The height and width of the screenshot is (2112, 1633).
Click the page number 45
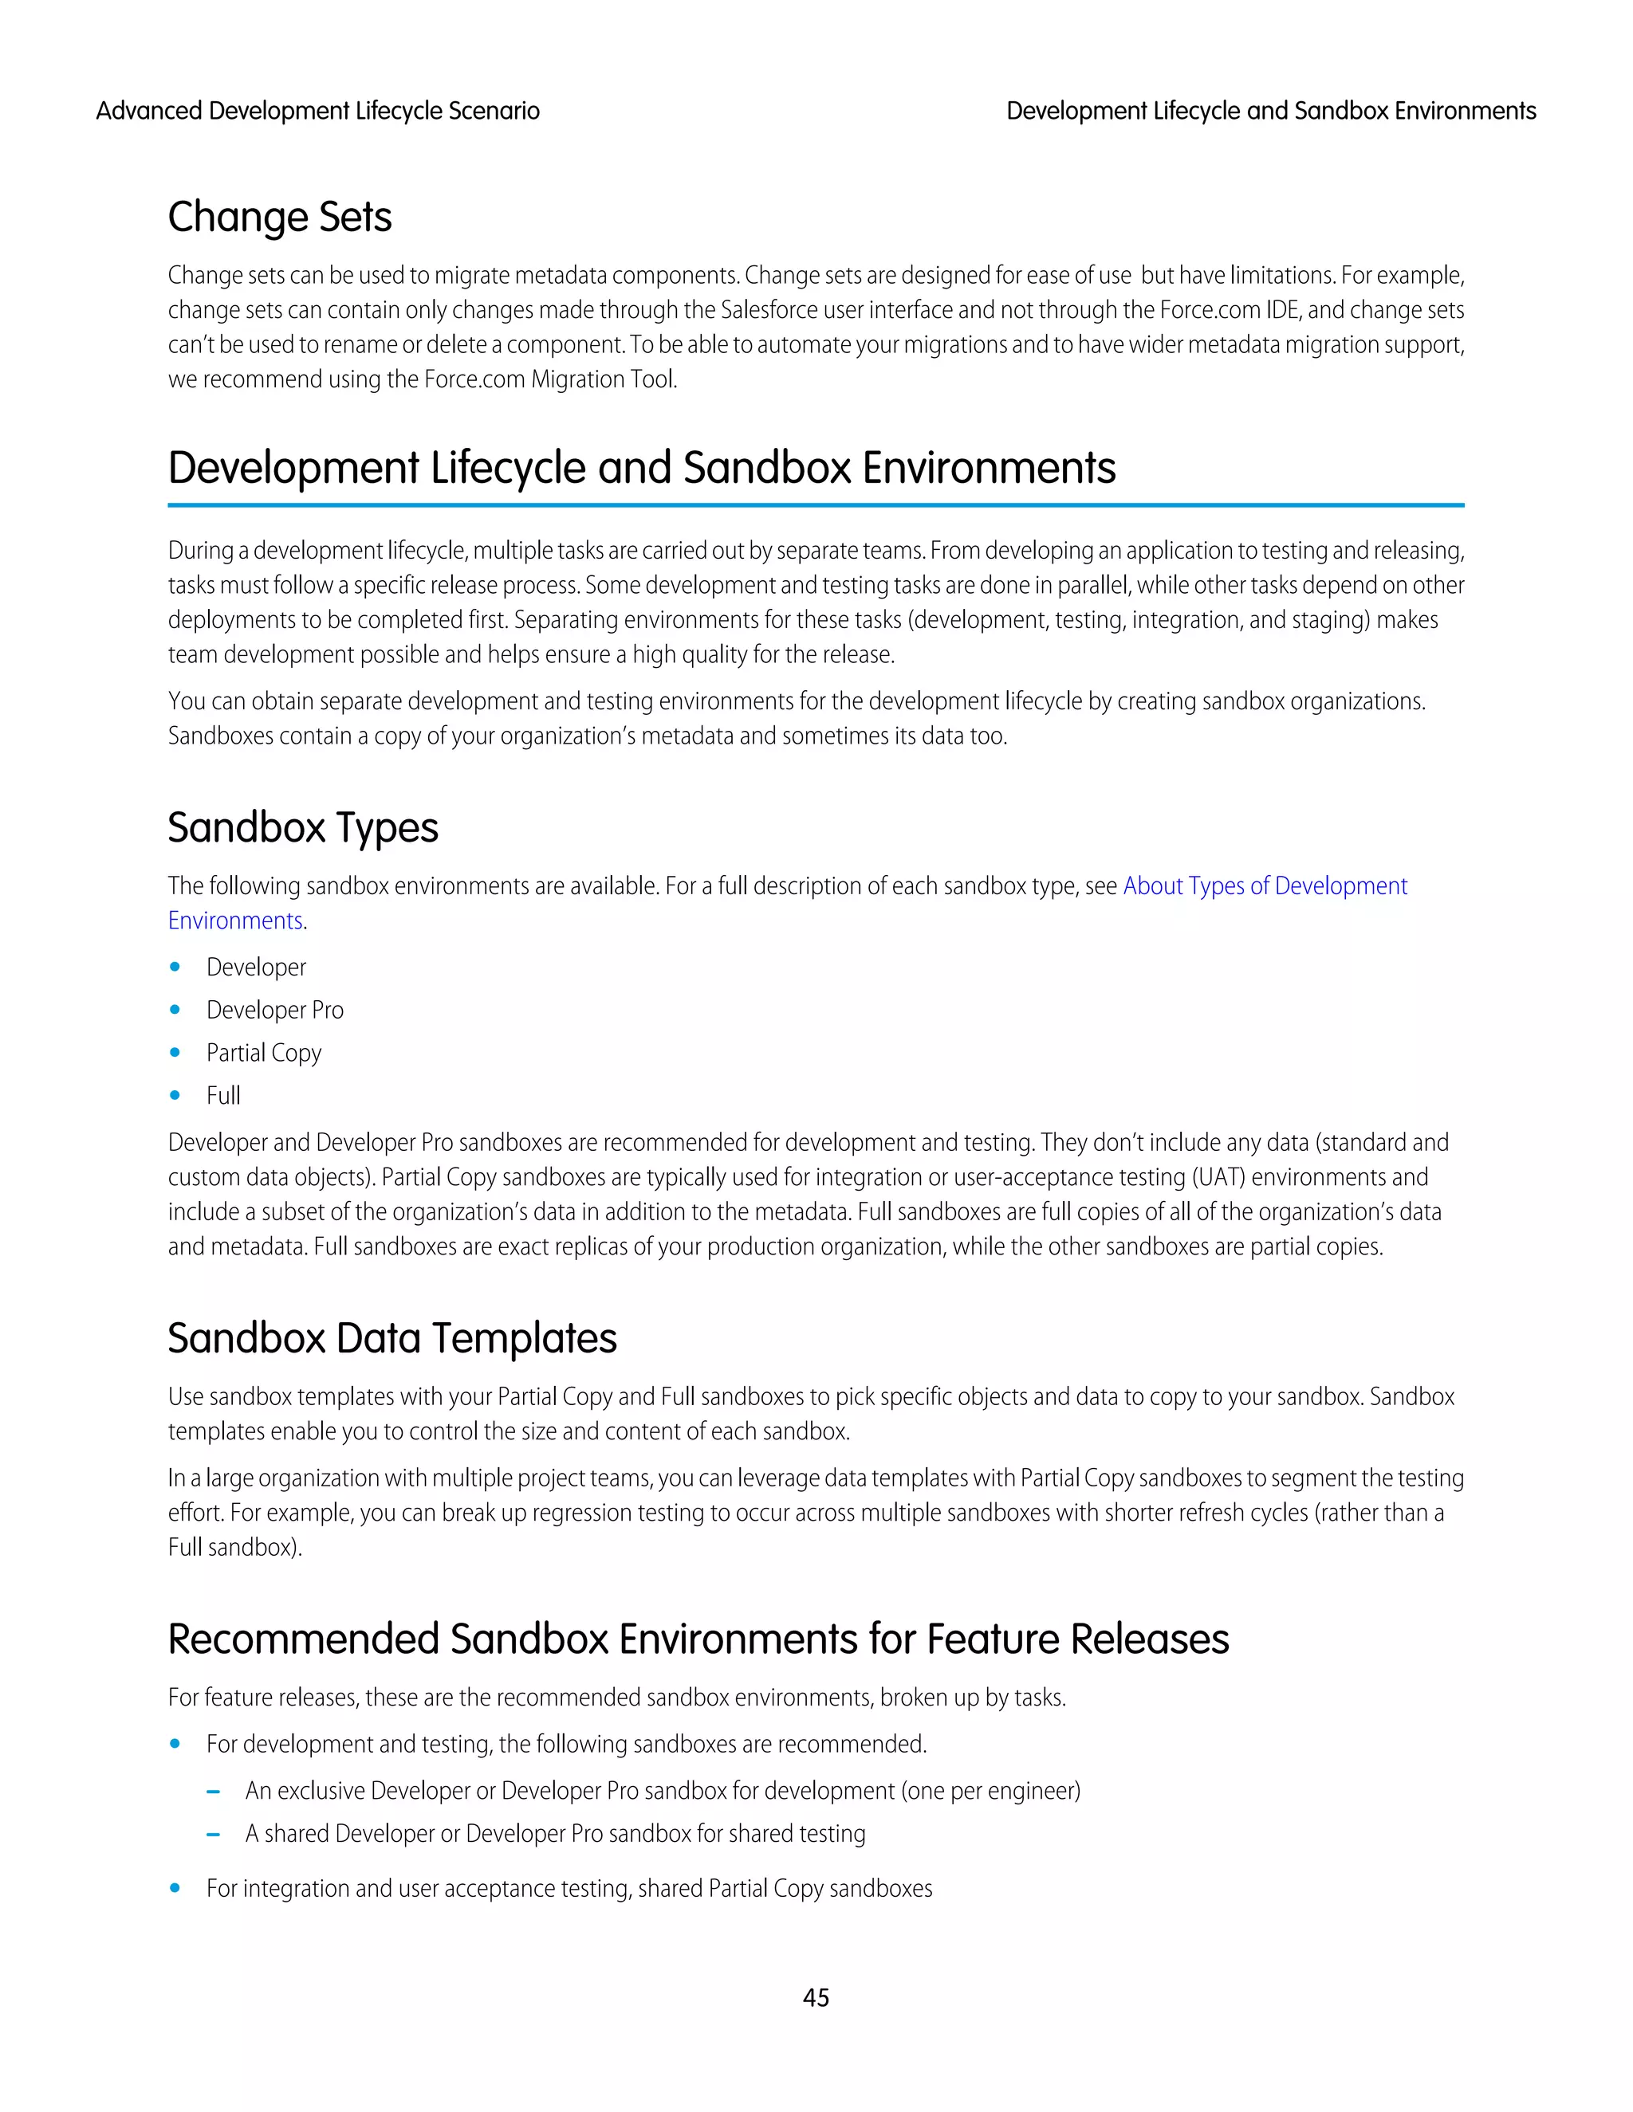pos(816,1997)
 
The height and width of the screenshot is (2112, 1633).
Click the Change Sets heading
pos(280,217)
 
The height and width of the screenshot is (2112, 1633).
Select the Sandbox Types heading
pos(303,828)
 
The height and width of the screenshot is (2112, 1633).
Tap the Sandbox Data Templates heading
pos(392,1338)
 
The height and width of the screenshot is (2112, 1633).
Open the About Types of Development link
pos(1265,885)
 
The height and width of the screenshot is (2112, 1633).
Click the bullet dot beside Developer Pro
pos(175,1010)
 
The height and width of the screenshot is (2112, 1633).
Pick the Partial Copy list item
pos(263,1053)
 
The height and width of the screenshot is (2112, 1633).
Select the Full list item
pos(222,1096)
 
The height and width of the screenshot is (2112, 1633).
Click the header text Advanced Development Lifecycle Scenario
pos(317,112)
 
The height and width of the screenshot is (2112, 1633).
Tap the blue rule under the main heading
pos(816,504)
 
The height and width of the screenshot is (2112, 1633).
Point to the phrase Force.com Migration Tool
pos(549,379)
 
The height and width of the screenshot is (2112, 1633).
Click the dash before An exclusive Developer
pos(214,1792)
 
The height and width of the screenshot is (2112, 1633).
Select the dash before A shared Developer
pos(214,1835)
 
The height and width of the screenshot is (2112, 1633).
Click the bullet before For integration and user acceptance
pos(175,1889)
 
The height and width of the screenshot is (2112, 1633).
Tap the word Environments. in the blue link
pos(236,921)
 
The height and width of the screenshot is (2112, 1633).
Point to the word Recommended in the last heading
pos(303,1640)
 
